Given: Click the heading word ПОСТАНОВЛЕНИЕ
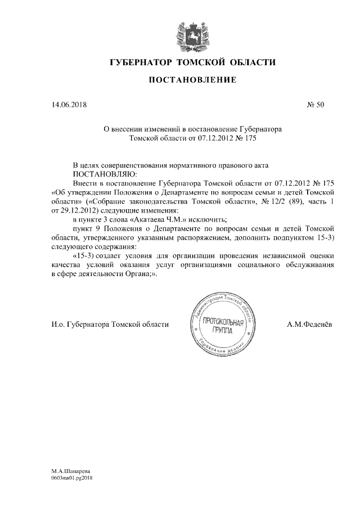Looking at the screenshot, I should (x=191, y=80).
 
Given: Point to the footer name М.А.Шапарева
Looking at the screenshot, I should (x=70, y=470).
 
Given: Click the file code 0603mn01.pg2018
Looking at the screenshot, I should (x=71, y=478).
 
